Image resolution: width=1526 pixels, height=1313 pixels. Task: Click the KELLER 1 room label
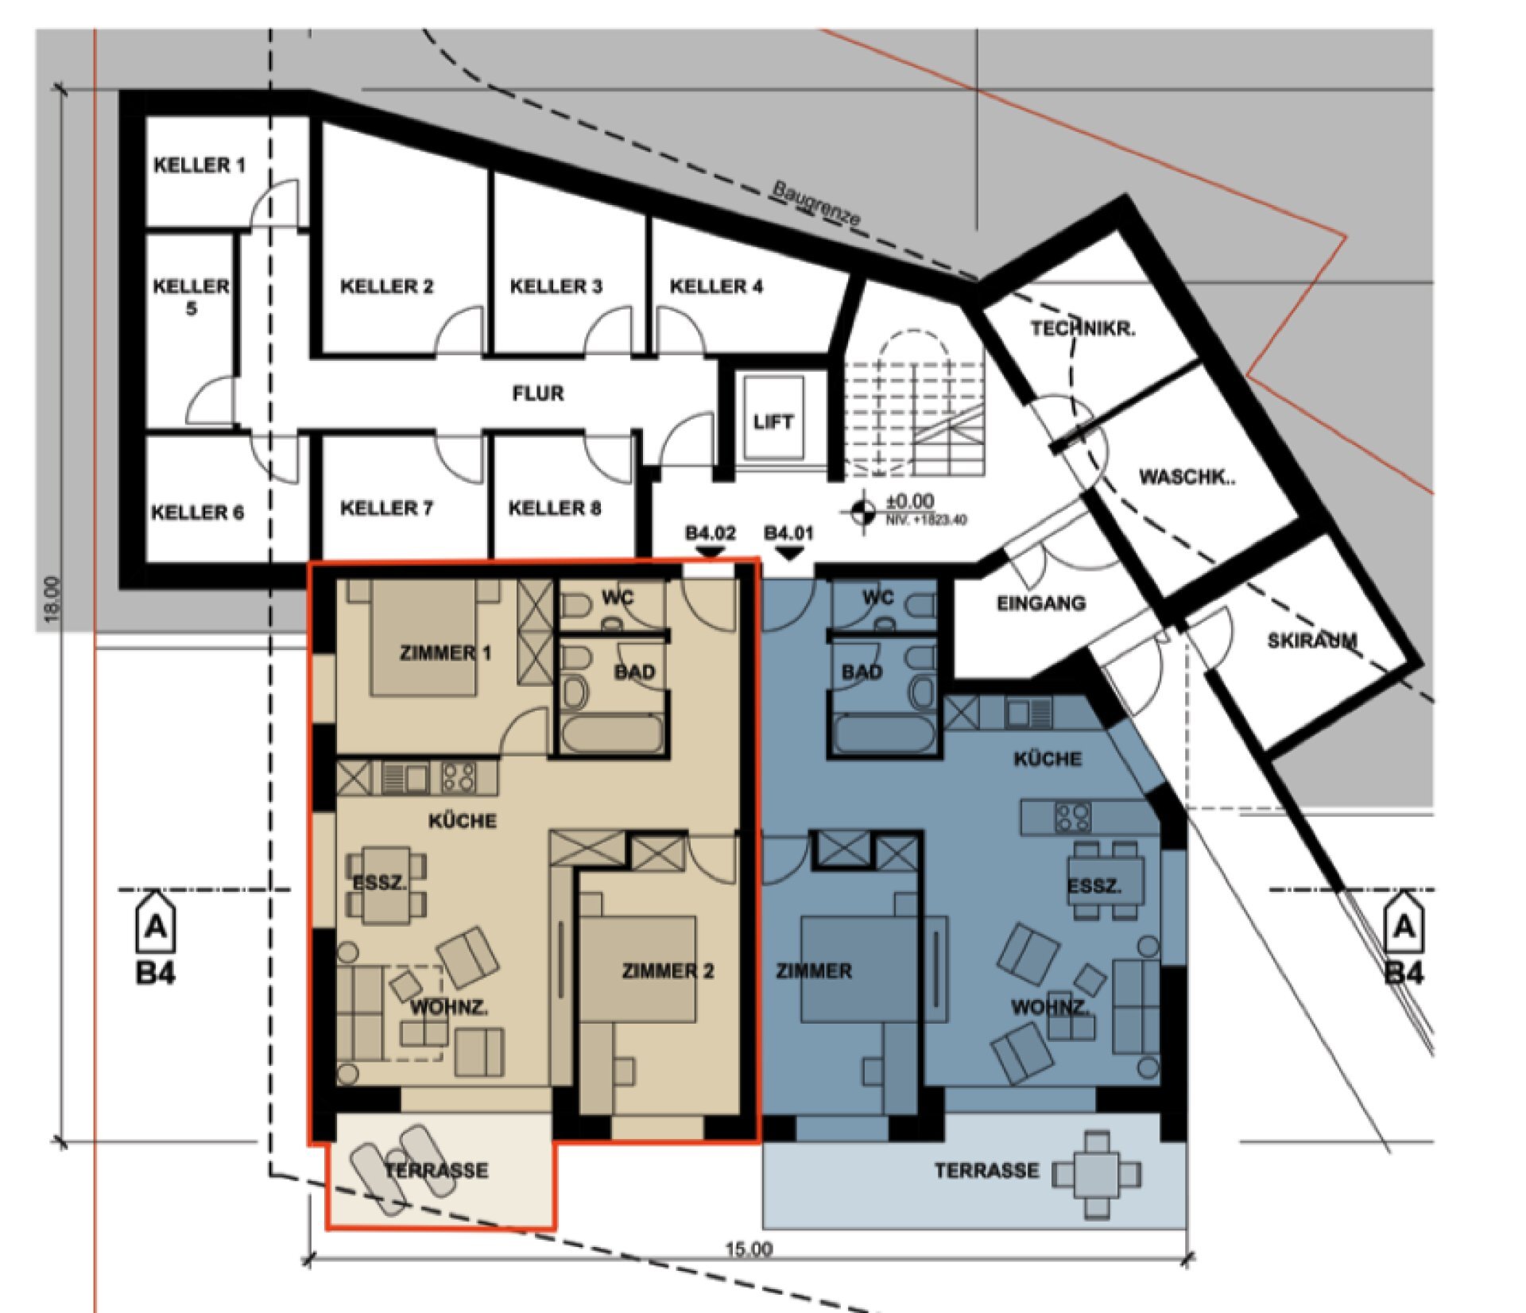(x=199, y=165)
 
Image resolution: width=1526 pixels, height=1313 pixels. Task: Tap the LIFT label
(x=773, y=422)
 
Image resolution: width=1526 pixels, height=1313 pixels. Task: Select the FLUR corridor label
(x=538, y=393)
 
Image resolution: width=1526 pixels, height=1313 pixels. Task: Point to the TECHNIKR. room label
(x=1083, y=328)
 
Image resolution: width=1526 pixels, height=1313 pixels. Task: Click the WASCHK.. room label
(x=1187, y=477)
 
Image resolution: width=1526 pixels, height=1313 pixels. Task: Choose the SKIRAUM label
(x=1312, y=640)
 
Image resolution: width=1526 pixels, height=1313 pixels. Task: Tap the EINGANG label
(x=1041, y=603)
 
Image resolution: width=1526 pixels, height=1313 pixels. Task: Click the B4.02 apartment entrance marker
(x=711, y=540)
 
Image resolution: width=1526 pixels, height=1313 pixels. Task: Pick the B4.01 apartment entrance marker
(x=788, y=540)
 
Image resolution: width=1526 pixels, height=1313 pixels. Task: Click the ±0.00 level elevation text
(x=910, y=502)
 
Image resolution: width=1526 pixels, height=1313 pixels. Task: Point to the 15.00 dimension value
(x=748, y=1249)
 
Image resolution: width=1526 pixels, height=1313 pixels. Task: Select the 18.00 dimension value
(x=51, y=599)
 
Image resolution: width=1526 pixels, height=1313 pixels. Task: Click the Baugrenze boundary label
(x=816, y=204)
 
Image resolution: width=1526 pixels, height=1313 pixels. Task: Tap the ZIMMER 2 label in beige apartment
(x=668, y=970)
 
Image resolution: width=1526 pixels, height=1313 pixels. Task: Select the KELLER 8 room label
(x=555, y=508)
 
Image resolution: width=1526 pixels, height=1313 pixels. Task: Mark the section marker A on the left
(x=156, y=925)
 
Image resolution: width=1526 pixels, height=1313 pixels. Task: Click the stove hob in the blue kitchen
(x=1071, y=816)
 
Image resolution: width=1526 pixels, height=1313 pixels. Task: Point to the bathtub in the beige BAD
(x=613, y=734)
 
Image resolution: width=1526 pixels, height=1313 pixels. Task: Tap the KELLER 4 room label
(x=716, y=286)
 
